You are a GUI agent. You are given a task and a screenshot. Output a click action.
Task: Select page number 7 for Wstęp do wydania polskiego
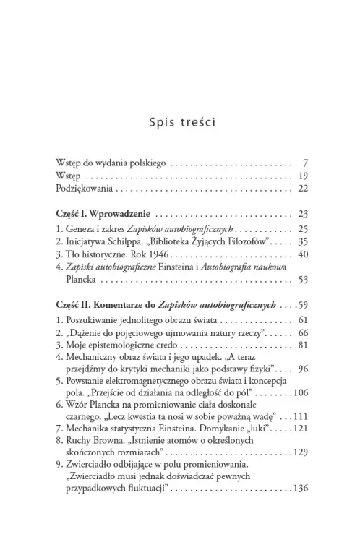(x=306, y=161)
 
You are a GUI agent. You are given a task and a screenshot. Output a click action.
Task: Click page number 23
(x=303, y=214)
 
